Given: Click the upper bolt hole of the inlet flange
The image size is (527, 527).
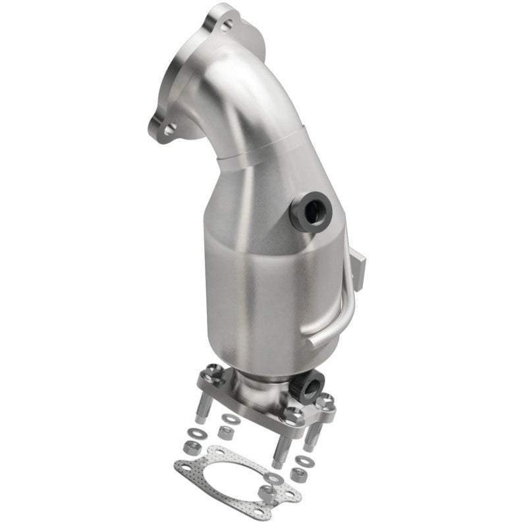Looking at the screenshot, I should [226, 26].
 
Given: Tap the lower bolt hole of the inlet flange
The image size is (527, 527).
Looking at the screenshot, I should [169, 130].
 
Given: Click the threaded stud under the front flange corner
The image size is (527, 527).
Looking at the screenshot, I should [279, 452].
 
